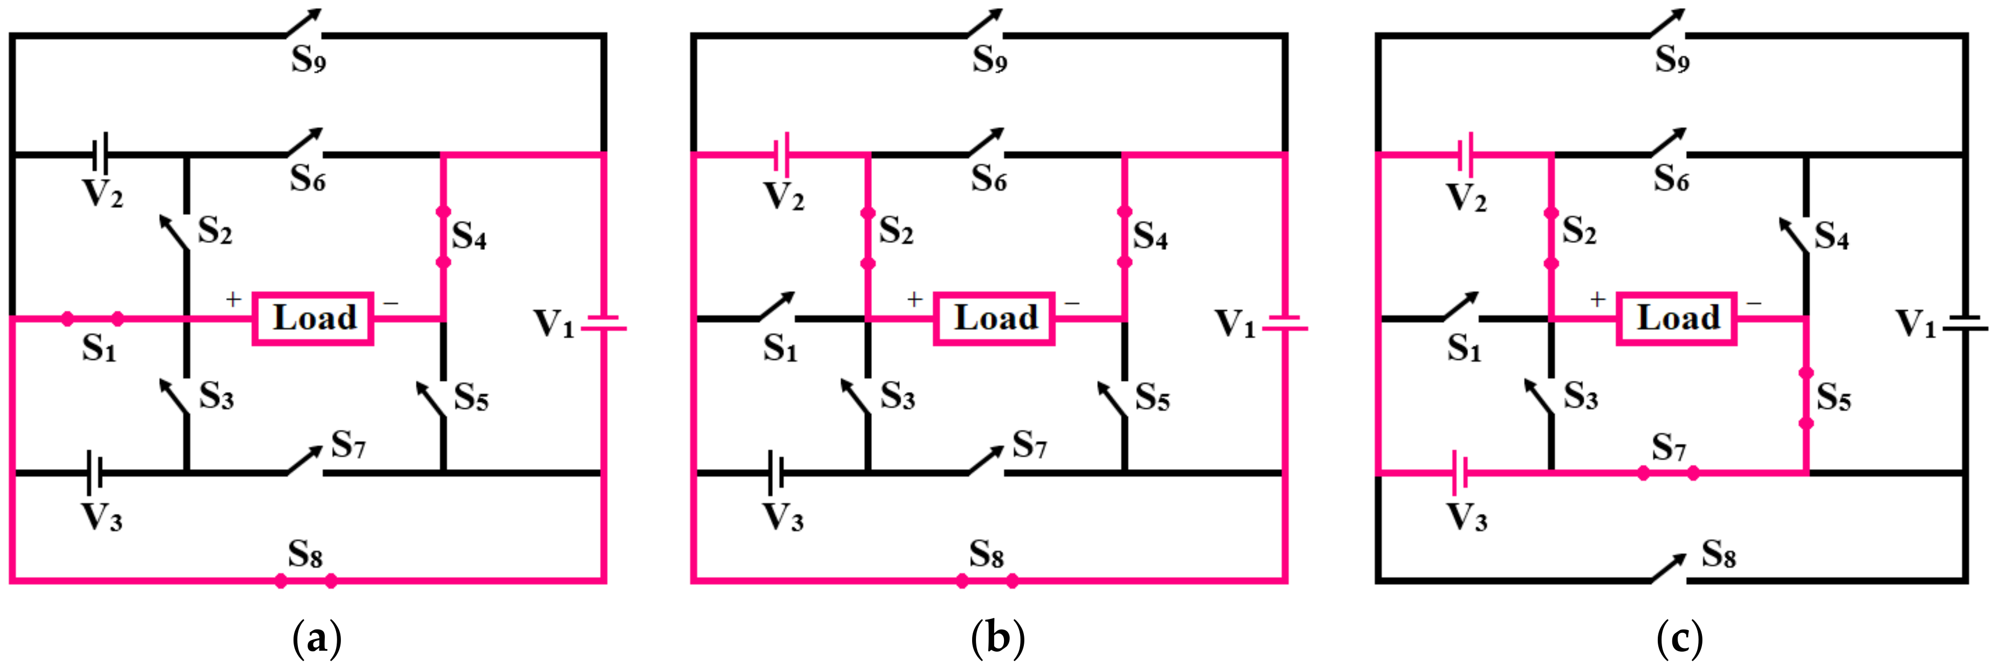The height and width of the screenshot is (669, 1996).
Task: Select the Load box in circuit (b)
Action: point(994,318)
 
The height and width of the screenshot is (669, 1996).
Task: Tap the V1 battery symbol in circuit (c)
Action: point(1965,323)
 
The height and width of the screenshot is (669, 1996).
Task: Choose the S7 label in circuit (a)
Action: point(348,445)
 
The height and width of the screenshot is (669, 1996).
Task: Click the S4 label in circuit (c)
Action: point(1832,236)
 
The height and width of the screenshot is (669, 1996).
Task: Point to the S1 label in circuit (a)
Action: point(99,349)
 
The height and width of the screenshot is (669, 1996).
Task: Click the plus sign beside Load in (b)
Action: point(915,299)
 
